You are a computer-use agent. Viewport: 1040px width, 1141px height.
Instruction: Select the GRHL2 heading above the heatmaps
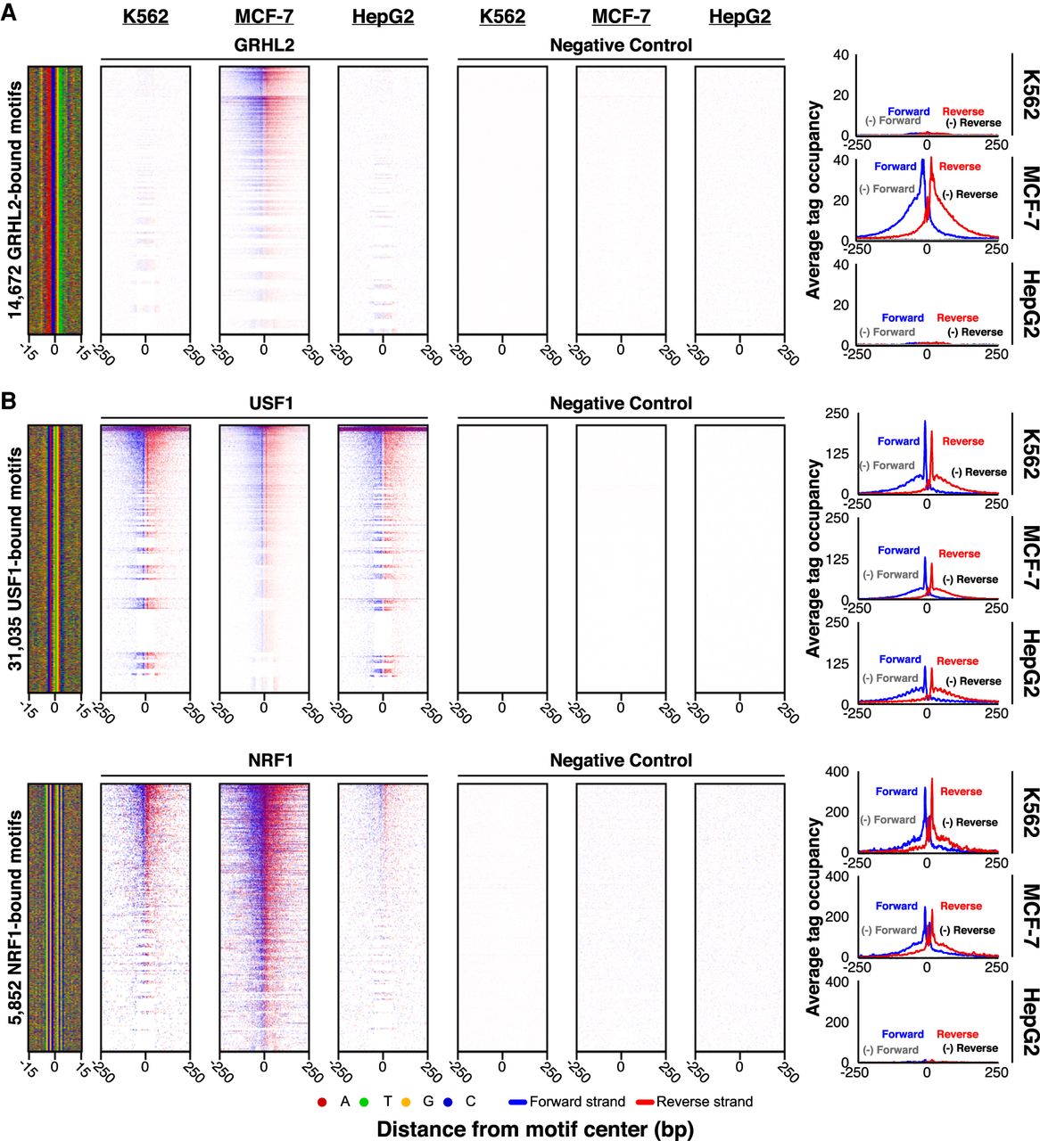click(x=264, y=45)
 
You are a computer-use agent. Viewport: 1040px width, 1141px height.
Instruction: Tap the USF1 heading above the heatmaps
click(x=264, y=404)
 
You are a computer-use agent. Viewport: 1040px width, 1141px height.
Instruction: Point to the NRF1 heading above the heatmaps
click(x=264, y=760)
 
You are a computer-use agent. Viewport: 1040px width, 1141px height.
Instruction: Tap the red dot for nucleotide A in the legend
click(x=322, y=1102)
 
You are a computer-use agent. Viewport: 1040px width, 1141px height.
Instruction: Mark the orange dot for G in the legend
click(x=407, y=1102)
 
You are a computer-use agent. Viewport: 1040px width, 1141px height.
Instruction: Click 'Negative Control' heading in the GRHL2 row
click(x=621, y=45)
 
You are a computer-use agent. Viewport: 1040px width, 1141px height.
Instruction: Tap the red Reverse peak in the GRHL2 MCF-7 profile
click(x=931, y=163)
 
